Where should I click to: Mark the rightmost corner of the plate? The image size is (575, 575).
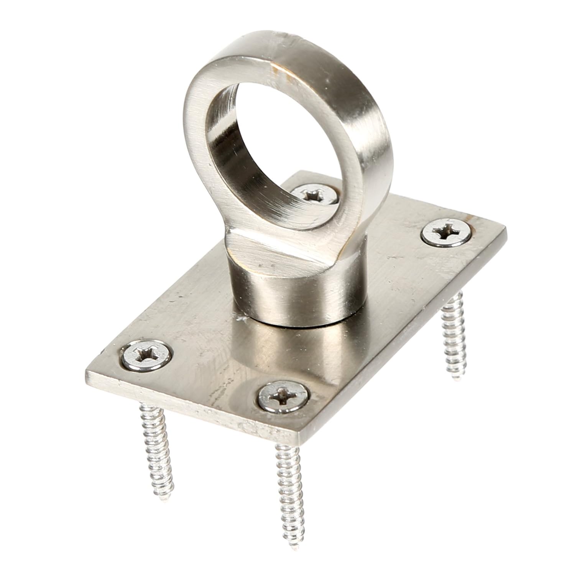click(505, 228)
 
